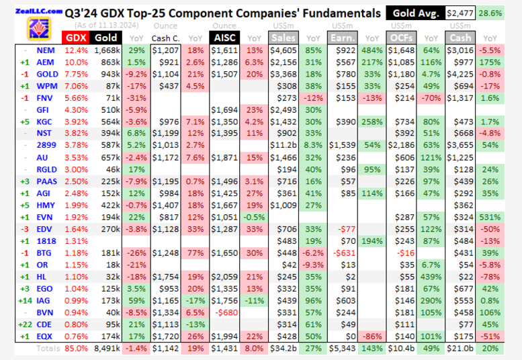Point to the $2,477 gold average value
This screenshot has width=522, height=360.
click(460, 13)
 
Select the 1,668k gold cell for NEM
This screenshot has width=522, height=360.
click(107, 51)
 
